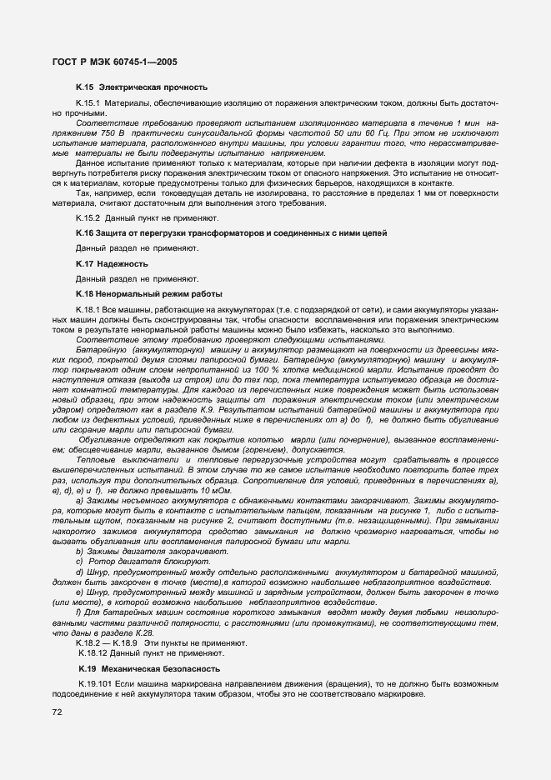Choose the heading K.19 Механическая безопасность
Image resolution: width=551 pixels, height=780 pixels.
pos(138,668)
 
